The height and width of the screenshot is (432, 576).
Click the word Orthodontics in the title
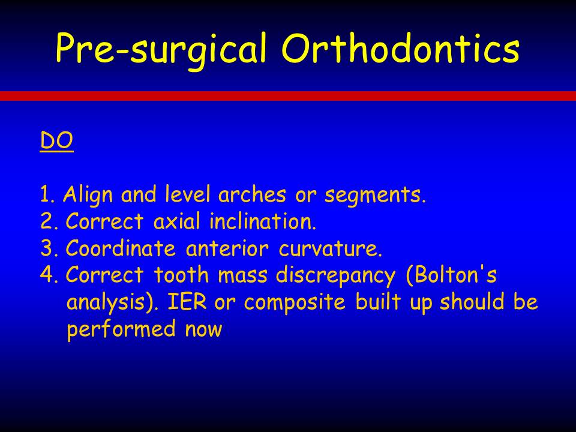(x=400, y=48)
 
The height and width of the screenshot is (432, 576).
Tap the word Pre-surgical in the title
(x=161, y=50)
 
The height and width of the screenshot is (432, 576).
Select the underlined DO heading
(x=56, y=140)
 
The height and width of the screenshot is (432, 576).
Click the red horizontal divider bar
(x=288, y=96)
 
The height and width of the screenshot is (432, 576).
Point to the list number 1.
(x=47, y=194)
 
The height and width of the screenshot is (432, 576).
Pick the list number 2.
(x=49, y=221)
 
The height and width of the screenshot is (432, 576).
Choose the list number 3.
(x=49, y=248)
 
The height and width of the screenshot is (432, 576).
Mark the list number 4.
(x=49, y=275)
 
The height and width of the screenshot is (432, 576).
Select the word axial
(x=177, y=221)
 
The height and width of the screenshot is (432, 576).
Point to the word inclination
(x=263, y=221)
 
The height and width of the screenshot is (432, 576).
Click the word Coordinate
(x=121, y=248)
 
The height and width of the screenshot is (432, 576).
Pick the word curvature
(x=330, y=248)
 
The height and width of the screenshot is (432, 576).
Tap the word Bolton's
(x=451, y=275)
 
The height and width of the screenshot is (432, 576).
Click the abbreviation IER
(x=187, y=302)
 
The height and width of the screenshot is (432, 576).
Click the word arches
(x=252, y=194)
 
